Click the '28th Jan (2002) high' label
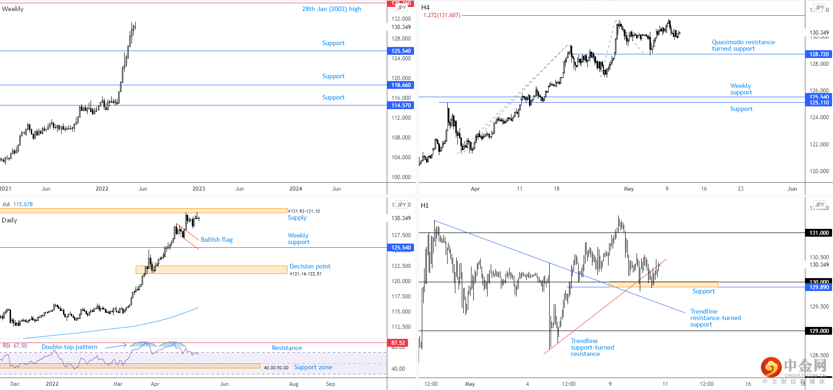[331, 9]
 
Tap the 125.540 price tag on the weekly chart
[401, 51]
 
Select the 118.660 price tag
[401, 85]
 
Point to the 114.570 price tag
[401, 105]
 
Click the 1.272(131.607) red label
[442, 15]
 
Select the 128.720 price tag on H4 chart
[819, 54]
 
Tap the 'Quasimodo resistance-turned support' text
[744, 45]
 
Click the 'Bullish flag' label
[217, 239]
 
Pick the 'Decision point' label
[310, 266]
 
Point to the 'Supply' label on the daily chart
[297, 217]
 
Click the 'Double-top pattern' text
[69, 347]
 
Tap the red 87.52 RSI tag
[398, 343]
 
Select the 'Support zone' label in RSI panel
[313, 367]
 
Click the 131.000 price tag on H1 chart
[819, 233]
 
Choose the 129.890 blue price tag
[819, 287]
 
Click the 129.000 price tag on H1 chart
[819, 331]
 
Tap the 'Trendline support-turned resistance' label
[592, 347]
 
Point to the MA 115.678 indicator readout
[18, 204]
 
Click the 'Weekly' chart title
[13, 9]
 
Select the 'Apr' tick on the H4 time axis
[475, 189]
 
